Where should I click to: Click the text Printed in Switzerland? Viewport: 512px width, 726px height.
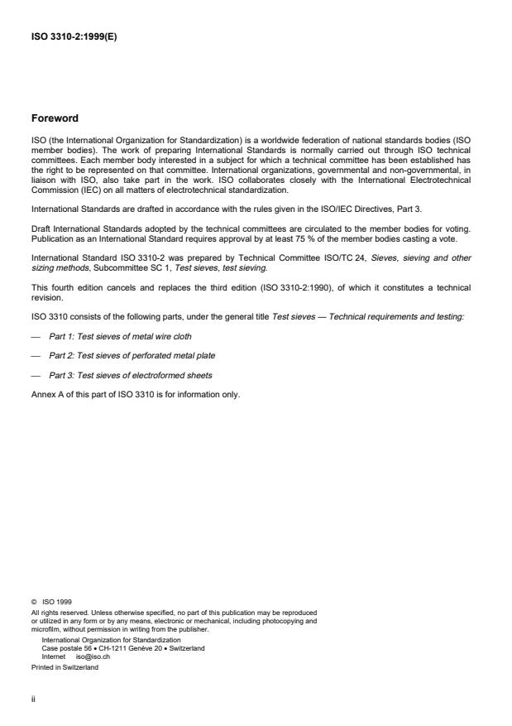(65, 666)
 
